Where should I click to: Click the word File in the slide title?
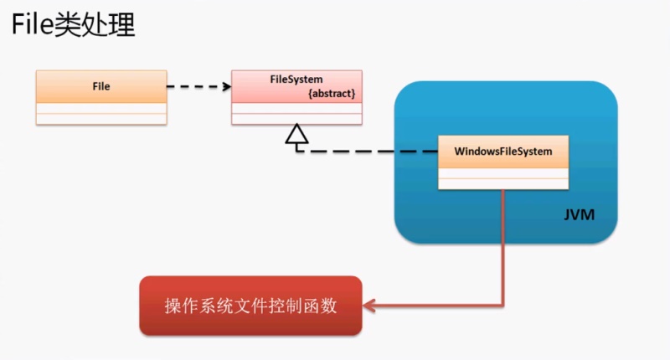tap(31, 26)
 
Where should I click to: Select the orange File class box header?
tap(100, 86)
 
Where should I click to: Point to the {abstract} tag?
tap(332, 94)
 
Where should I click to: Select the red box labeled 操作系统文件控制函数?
tap(250, 306)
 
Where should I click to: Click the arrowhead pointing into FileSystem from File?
tap(226, 86)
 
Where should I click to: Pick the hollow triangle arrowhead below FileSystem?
tap(296, 135)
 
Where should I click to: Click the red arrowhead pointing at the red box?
tap(369, 306)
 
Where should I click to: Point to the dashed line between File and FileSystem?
tap(197, 86)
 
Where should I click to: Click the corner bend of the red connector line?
tap(502, 306)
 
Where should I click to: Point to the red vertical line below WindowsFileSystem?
tap(502, 247)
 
